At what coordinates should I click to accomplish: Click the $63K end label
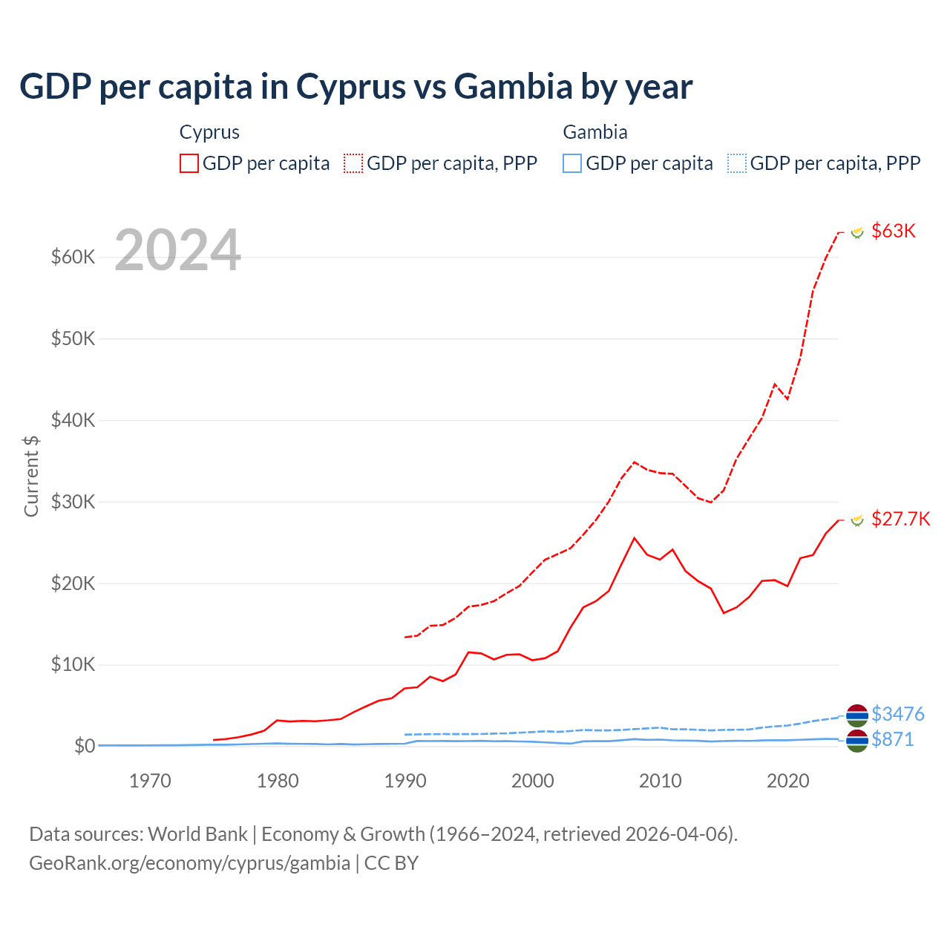tap(894, 231)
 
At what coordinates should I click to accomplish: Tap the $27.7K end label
tap(900, 519)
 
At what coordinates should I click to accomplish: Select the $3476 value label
tap(897, 714)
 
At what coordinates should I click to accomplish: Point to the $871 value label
tap(892, 739)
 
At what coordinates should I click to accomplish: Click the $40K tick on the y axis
tap(73, 420)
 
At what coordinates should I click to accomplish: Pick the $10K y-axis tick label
tap(73, 664)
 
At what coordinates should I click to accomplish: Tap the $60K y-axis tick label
tap(73, 257)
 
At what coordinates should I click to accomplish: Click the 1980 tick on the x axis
tap(278, 781)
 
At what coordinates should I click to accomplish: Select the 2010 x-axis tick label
tap(660, 781)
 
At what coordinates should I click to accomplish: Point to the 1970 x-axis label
tap(150, 781)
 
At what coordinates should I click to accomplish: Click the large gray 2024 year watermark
tap(177, 250)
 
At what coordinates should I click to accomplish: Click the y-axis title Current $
tap(31, 476)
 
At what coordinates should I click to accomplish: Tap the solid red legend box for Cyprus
tap(189, 163)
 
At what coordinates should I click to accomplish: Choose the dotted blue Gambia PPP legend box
tap(737, 163)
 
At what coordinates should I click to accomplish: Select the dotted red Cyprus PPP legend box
tap(354, 163)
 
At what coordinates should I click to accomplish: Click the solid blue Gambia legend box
tap(572, 163)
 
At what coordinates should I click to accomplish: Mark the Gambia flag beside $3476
tap(857, 715)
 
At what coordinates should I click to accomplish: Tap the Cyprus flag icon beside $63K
tap(857, 232)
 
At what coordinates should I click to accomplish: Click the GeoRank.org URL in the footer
tap(189, 863)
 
